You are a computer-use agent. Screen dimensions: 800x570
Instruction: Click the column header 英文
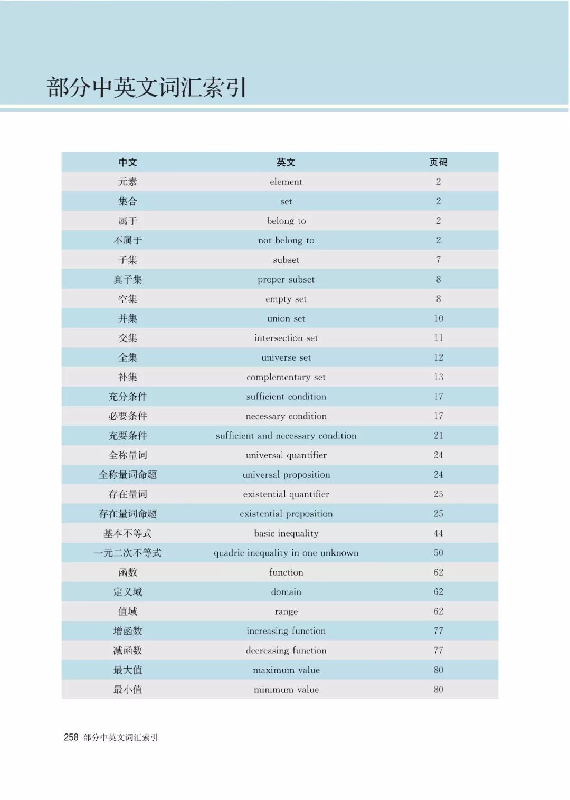286,162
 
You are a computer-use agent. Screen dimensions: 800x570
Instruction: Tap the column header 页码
438,162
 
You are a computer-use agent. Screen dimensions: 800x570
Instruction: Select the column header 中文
128,162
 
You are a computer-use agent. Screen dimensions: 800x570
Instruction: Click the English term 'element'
286,182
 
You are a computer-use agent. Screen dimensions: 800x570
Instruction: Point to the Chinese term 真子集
128,279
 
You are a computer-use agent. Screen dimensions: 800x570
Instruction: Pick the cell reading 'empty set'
286,299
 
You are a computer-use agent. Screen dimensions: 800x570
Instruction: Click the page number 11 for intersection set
438,338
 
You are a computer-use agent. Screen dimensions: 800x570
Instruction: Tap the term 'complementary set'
286,377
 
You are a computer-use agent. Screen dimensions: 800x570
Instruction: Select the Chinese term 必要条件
128,416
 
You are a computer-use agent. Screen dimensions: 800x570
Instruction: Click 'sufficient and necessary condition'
286,436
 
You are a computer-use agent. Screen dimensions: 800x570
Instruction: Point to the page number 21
438,436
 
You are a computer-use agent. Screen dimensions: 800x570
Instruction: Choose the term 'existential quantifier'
286,494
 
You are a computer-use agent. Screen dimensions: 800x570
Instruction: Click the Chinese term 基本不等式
128,533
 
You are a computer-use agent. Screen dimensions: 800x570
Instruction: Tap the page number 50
438,553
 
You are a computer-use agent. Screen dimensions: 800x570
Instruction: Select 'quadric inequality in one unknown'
286,553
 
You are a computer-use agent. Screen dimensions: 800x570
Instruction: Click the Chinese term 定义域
128,592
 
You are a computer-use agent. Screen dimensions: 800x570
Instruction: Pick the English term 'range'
286,611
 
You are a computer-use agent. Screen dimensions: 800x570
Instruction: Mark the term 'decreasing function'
286,651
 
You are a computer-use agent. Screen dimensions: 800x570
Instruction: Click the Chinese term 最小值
128,690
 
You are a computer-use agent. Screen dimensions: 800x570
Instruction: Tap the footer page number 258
71,738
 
